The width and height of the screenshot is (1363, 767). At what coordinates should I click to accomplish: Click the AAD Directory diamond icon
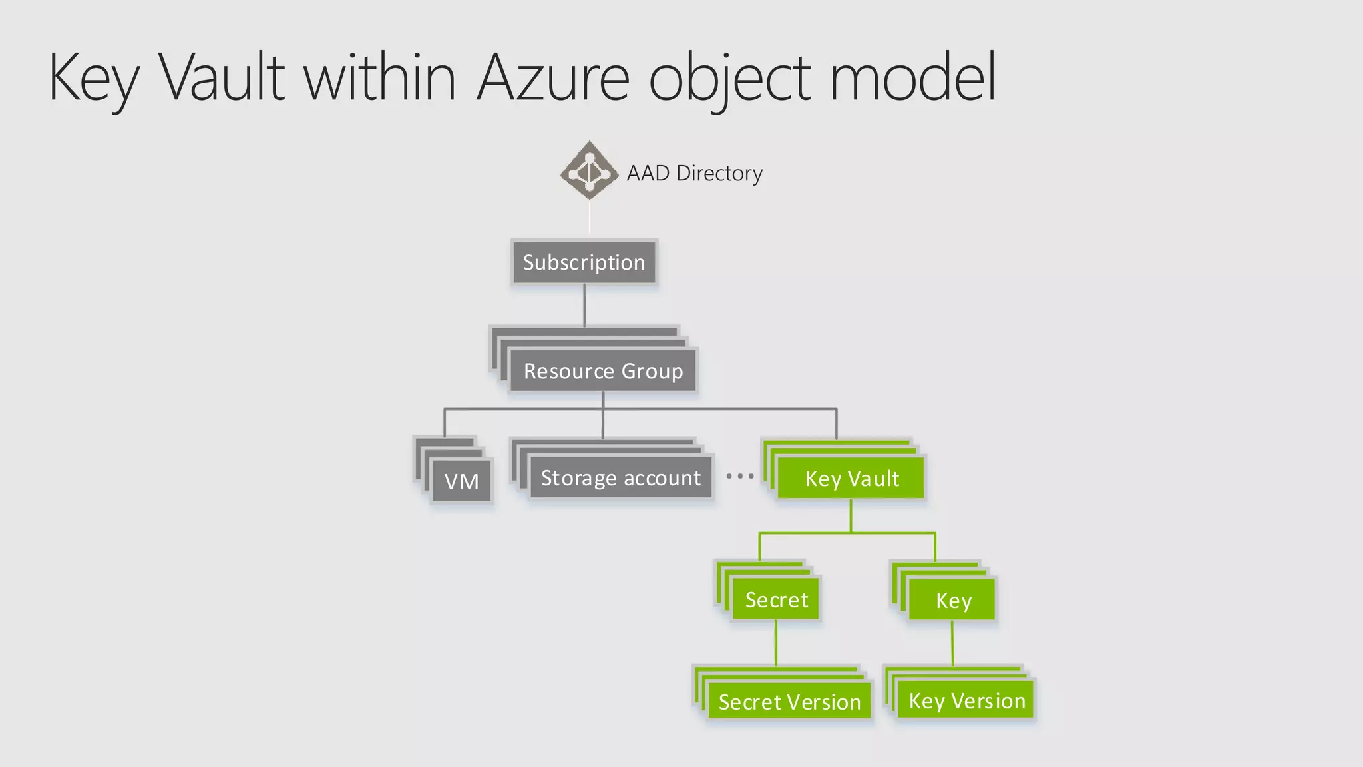point(589,170)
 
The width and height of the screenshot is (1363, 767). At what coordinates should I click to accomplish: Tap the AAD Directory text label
point(694,173)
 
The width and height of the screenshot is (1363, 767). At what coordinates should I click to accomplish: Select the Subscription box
point(584,262)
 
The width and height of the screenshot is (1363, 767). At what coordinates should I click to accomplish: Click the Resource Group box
point(603,371)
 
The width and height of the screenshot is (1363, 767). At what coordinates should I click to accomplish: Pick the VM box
point(461,481)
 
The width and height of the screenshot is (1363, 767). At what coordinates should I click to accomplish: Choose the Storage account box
point(620,478)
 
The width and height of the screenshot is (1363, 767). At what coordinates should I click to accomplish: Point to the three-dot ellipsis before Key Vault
point(740,476)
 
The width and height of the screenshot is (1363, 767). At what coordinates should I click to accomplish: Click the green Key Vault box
point(851,478)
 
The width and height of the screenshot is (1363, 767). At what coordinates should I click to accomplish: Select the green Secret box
point(776,599)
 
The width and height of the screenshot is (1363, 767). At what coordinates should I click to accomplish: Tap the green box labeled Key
point(952,600)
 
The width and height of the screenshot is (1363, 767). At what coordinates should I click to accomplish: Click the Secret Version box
point(789,702)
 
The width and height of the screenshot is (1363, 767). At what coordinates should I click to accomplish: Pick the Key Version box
point(966,700)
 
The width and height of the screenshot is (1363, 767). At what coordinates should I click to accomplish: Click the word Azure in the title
point(553,78)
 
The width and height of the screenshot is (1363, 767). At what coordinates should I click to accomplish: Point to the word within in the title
point(380,78)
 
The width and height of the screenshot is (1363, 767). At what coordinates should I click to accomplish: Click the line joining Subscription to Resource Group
point(584,305)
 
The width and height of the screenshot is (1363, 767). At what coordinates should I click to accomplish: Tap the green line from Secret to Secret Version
point(776,642)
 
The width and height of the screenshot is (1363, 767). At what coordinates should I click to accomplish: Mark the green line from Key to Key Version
point(952,642)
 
